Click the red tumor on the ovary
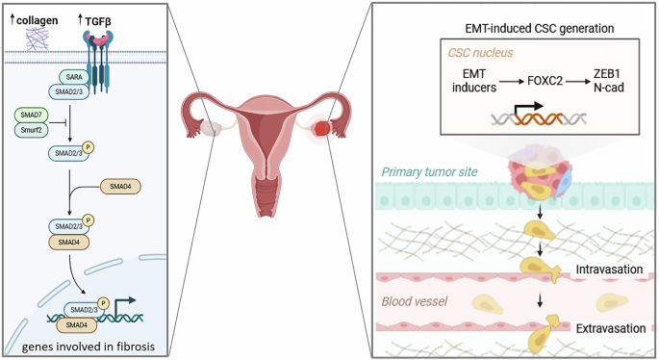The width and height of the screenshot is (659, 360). [320, 127]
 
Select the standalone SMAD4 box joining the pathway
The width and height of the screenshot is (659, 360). [123, 186]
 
